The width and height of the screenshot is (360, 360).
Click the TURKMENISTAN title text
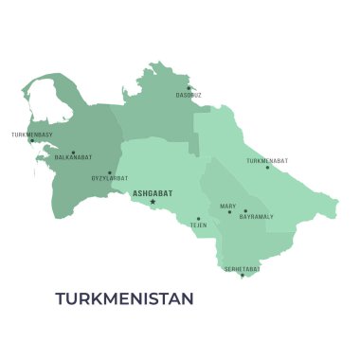coord(124,298)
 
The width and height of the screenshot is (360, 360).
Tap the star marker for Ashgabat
coord(153,201)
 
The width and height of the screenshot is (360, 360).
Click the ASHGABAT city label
coord(153,192)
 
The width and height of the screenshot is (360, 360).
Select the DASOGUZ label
coord(189,95)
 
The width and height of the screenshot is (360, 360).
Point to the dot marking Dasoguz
coord(189,88)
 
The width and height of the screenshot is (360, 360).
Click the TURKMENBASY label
coord(32,135)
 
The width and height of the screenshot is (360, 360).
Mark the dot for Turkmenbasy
coord(32,141)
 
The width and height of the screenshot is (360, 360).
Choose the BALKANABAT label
coord(73,157)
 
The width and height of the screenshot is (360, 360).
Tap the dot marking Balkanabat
coord(73,152)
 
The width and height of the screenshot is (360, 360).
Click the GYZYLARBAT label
coord(109,178)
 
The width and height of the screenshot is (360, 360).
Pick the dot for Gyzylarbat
coord(109,172)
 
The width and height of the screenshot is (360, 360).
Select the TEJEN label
coord(198,225)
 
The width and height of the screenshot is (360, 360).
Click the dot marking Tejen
coord(198,218)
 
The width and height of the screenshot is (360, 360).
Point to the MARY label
coord(228,206)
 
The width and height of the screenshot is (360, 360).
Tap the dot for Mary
coord(228,211)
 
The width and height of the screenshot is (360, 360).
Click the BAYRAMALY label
coord(256,217)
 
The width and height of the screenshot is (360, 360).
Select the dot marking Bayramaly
coord(245,211)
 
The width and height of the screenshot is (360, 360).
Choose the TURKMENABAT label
coord(267,161)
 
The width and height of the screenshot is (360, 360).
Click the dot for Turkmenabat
coord(267,168)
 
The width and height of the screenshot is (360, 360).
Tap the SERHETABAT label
coord(242,269)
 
